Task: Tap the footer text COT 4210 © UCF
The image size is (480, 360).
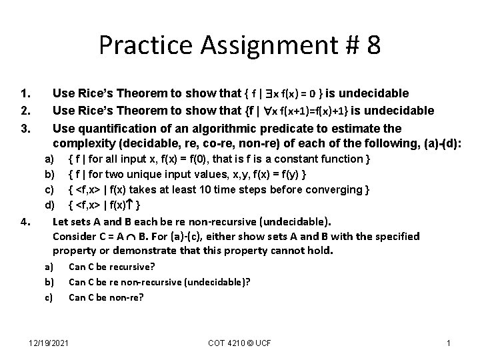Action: coord(239,343)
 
